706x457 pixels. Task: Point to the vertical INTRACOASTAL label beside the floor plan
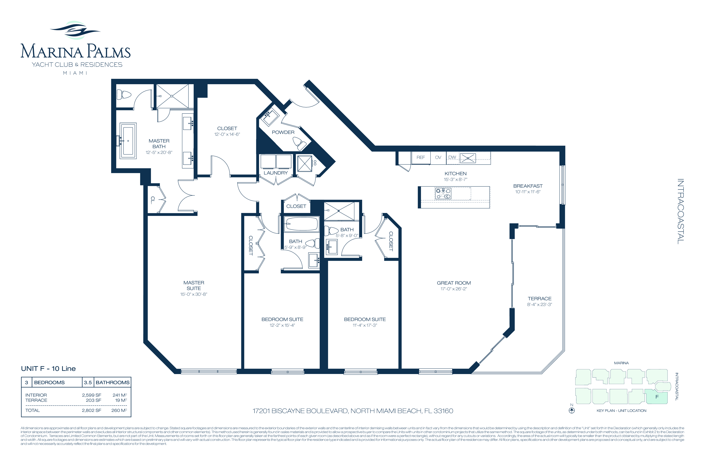coord(681,211)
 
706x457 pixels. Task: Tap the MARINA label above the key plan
coord(621,363)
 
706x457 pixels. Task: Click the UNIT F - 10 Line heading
coord(48,369)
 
